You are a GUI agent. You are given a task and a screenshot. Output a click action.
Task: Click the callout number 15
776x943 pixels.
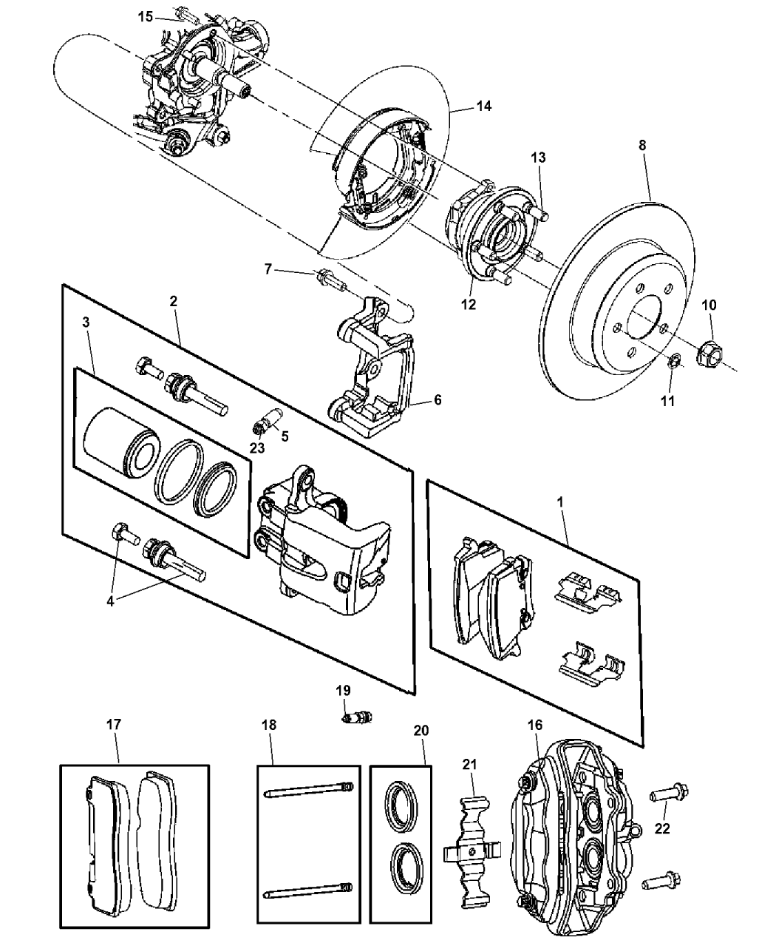[146, 16]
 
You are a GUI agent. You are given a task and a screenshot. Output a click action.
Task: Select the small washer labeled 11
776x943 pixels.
[674, 362]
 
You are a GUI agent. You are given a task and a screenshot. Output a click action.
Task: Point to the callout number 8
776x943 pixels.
[642, 146]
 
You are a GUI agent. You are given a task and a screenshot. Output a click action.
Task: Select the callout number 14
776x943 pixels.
[483, 106]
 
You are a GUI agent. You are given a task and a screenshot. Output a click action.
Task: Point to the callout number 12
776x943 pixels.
[469, 303]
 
